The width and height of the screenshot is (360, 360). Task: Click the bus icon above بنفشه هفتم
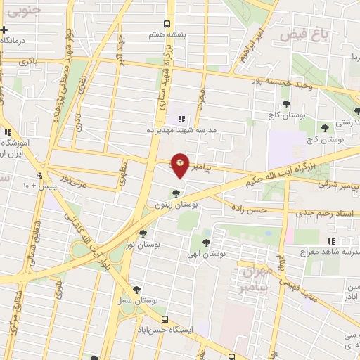click(x=166, y=22)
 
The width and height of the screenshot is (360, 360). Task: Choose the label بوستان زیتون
click(x=176, y=204)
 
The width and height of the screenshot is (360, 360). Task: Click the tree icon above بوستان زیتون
click(x=176, y=193)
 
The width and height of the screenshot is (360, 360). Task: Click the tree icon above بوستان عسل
click(x=136, y=290)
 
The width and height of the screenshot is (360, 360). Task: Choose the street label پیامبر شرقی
click(x=338, y=185)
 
